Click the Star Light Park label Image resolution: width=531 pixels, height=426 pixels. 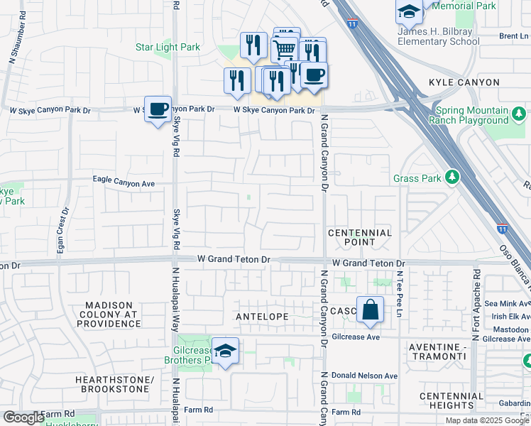(168, 48)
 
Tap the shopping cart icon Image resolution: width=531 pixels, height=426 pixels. (285, 48)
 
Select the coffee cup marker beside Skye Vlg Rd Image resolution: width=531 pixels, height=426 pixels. (158, 109)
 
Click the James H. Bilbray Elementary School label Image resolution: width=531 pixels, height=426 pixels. (438, 36)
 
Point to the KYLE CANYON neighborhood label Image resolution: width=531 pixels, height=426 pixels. (464, 83)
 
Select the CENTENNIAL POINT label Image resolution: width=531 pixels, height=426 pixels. (360, 237)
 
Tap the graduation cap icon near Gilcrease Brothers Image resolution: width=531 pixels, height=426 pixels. (225, 351)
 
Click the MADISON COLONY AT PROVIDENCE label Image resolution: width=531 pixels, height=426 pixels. (113, 314)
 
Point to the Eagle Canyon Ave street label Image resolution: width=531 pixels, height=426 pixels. (124, 182)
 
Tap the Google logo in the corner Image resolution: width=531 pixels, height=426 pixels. (23, 417)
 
